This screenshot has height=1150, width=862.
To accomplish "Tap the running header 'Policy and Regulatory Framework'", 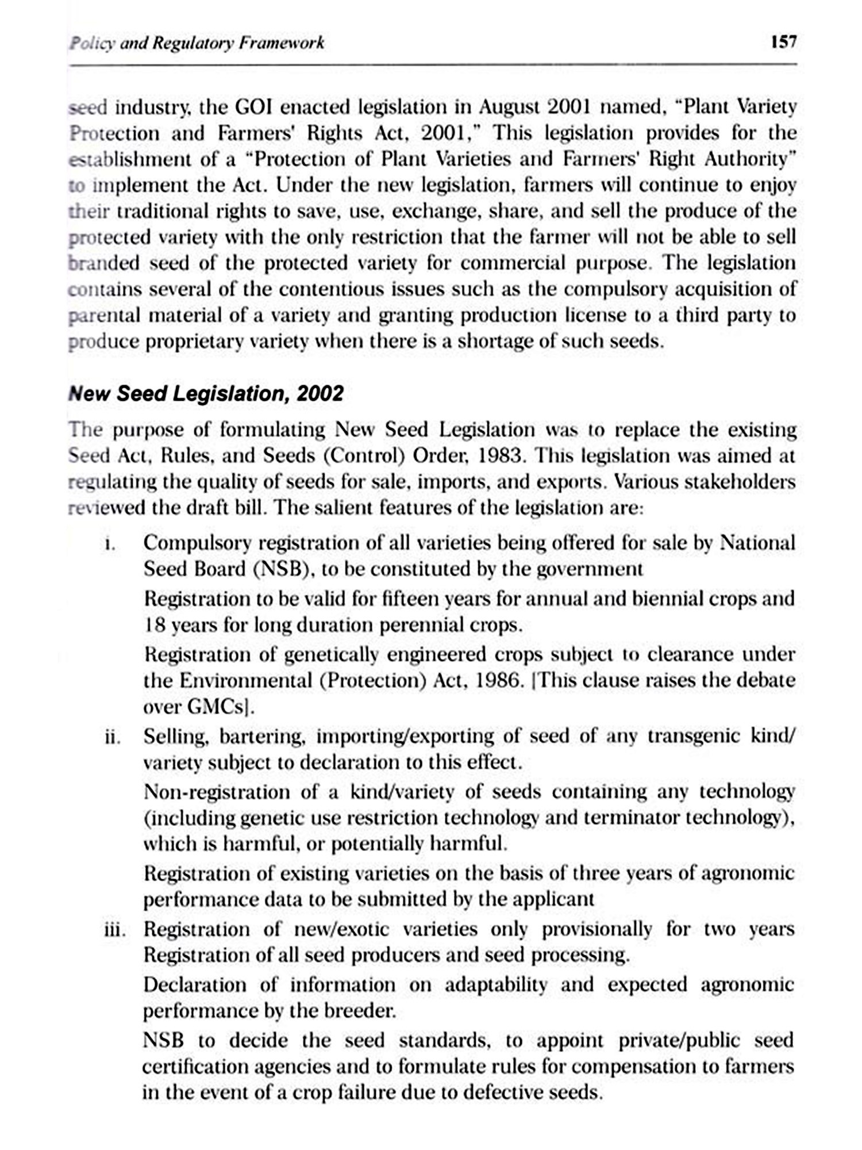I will point(197,43).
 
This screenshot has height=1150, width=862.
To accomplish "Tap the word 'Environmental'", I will point(245,681).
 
